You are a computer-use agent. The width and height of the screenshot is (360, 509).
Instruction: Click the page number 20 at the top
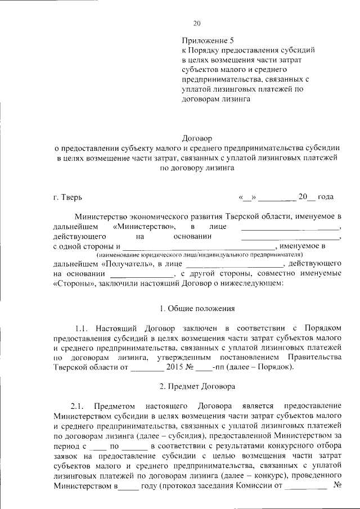tap(196, 23)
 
